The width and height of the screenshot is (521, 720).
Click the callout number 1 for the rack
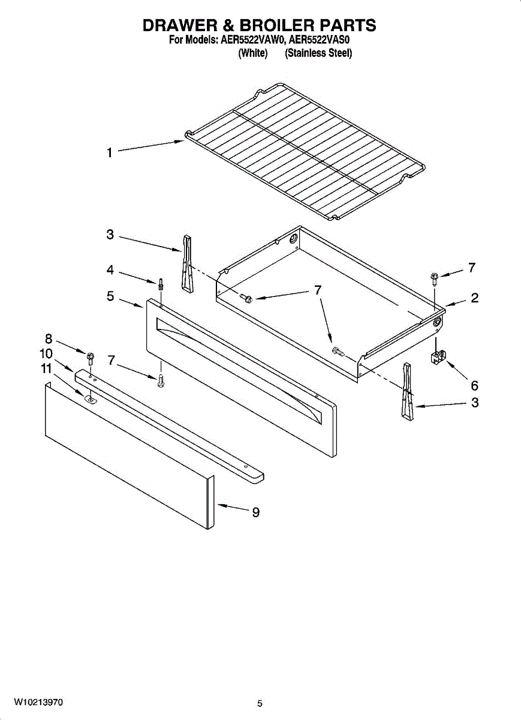(109, 153)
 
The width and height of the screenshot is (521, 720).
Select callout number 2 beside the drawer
(474, 298)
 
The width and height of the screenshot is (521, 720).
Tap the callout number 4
(110, 271)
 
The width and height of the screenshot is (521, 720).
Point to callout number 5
(110, 295)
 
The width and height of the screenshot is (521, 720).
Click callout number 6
(474, 385)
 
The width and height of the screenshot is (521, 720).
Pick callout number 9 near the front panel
(255, 512)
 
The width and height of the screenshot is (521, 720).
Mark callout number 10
(47, 353)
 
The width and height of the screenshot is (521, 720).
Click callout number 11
(47, 369)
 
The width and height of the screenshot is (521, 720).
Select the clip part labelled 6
(436, 357)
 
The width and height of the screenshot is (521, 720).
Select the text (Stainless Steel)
(318, 53)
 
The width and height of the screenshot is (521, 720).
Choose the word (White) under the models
(252, 53)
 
